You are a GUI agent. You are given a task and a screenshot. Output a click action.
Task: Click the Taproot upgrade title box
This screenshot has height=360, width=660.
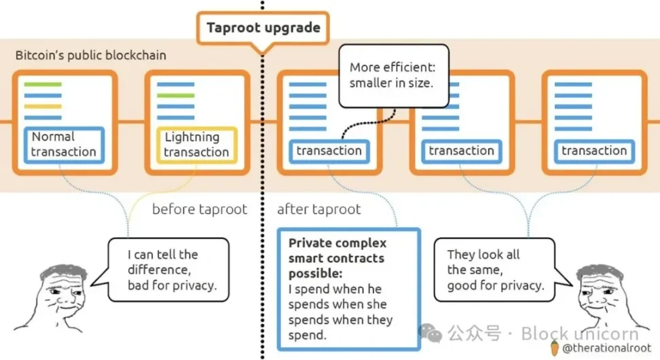pyautogui.click(x=263, y=29)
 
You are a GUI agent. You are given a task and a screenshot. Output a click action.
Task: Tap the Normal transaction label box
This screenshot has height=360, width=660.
pyautogui.click(x=64, y=145)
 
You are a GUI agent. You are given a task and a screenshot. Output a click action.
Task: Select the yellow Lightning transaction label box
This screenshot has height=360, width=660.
pyautogui.click(x=196, y=145)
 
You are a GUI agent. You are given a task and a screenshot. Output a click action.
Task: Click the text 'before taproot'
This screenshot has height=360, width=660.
pyautogui.click(x=199, y=209)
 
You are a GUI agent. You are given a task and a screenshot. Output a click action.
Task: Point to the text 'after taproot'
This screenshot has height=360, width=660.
pyautogui.click(x=318, y=209)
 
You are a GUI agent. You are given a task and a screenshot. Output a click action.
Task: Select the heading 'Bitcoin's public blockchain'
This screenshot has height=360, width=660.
pyautogui.click(x=90, y=55)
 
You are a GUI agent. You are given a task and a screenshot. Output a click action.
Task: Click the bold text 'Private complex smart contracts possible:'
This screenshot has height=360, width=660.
pyautogui.click(x=337, y=258)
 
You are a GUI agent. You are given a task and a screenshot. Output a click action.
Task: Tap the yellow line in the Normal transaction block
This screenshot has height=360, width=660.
pyautogui.click(x=42, y=107)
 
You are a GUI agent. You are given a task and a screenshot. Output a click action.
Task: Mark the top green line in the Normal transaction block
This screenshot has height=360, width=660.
pyautogui.click(x=42, y=85)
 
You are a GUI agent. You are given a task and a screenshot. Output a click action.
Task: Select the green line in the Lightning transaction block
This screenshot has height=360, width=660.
pyautogui.click(x=175, y=96)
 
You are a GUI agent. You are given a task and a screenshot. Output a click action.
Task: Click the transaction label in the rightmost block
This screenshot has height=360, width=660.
pyautogui.click(x=594, y=151)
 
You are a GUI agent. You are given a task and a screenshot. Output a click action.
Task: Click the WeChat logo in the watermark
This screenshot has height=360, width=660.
pyautogui.click(x=429, y=333)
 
